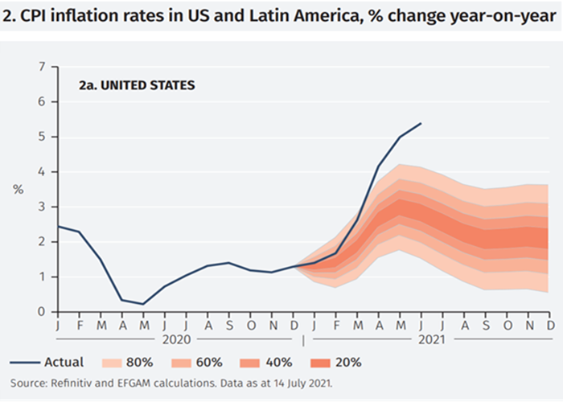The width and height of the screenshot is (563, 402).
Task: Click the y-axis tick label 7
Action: [x=43, y=67]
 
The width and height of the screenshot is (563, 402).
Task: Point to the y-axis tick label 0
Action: [x=43, y=312]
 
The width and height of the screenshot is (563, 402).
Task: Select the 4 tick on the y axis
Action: [x=43, y=172]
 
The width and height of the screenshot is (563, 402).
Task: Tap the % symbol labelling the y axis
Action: [x=18, y=189]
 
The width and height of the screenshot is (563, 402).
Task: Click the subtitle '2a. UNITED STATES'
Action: [x=137, y=84]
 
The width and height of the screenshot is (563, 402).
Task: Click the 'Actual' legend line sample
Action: [x=28, y=363]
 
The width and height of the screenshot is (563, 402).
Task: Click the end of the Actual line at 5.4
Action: [x=421, y=124]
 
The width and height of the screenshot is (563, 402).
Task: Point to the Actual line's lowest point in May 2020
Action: [x=143, y=305]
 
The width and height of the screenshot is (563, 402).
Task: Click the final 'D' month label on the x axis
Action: [x=549, y=324]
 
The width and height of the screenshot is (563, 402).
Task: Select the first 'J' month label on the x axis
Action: [x=58, y=324]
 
